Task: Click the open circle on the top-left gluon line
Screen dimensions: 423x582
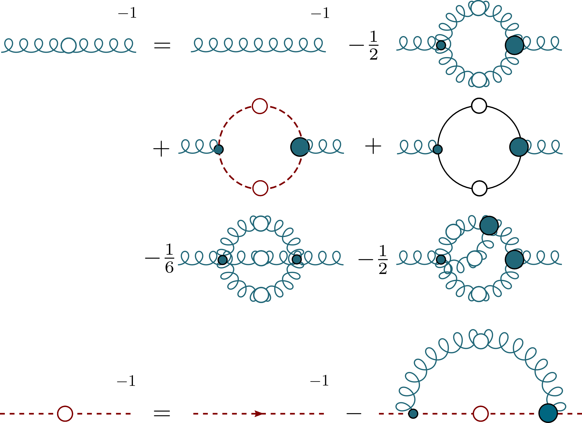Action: click(x=68, y=45)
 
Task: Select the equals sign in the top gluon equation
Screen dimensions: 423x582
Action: click(x=162, y=45)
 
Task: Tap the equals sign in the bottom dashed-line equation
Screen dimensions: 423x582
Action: click(x=162, y=413)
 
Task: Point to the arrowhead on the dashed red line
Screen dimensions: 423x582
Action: click(x=258, y=414)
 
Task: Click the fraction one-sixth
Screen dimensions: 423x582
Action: click(x=169, y=258)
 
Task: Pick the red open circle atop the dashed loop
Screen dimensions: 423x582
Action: click(x=260, y=106)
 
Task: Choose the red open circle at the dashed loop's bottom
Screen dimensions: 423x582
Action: click(x=260, y=188)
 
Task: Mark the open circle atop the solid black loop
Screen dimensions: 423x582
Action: click(x=479, y=105)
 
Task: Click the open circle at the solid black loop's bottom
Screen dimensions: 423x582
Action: click(x=479, y=188)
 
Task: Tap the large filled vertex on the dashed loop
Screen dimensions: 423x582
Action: click(x=300, y=147)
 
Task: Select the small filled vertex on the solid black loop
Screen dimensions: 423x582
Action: click(x=437, y=149)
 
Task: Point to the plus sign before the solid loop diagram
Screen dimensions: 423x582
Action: click(x=373, y=146)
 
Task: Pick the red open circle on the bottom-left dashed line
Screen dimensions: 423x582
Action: click(x=65, y=414)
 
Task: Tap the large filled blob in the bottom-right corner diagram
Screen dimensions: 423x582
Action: click(x=548, y=413)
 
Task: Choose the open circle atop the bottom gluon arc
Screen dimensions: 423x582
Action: click(x=480, y=341)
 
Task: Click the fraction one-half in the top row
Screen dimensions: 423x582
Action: click(x=374, y=45)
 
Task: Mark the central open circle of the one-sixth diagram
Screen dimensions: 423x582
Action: click(x=261, y=258)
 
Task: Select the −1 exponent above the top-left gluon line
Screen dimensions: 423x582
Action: click(x=127, y=13)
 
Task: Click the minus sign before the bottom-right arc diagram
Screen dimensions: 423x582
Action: click(x=354, y=414)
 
